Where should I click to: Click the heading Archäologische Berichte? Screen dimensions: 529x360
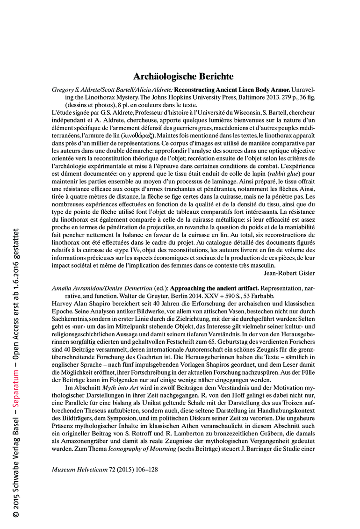point(183,76)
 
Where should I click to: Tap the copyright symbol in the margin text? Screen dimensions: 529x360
point(16,514)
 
